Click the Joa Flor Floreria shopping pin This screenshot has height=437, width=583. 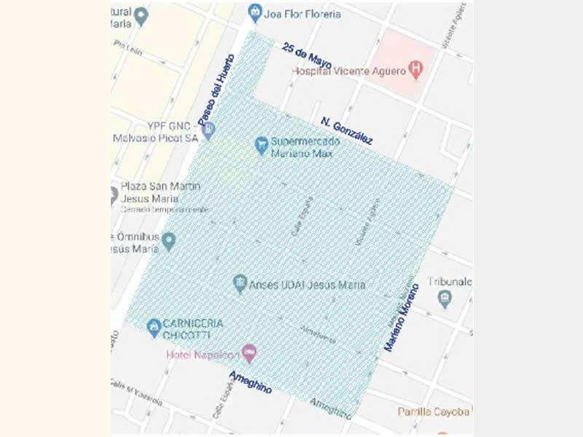coord(254,12)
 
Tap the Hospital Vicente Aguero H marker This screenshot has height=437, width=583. coord(416,71)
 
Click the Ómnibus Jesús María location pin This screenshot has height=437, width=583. coord(169,240)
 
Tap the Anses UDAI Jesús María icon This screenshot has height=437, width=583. coord(240,284)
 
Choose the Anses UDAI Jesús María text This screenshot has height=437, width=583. coord(308,285)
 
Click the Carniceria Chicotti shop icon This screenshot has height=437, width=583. coord(154,328)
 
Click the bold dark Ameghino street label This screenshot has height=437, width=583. coord(251,382)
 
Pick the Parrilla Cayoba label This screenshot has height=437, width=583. coord(434,412)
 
